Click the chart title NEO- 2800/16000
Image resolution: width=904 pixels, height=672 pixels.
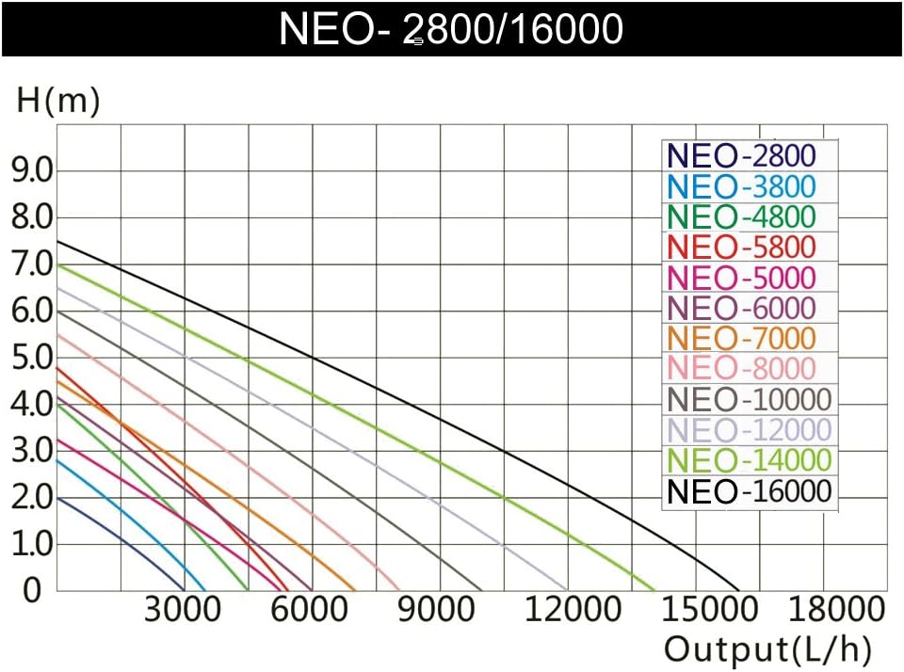point(451,29)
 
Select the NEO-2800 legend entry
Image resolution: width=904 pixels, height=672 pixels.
point(740,155)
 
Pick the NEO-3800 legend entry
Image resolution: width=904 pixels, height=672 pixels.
point(740,186)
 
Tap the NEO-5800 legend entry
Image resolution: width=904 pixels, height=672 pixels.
point(740,248)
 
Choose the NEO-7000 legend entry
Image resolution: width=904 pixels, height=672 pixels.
point(740,338)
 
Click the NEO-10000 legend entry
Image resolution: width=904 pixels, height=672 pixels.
point(750,399)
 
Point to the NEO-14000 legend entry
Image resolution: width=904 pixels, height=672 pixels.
point(750,460)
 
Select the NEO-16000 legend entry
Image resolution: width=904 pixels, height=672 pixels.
point(750,491)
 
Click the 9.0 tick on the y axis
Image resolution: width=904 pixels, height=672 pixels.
point(31,170)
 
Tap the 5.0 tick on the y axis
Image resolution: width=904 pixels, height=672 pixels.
point(31,358)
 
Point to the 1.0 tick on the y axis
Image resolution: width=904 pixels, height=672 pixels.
point(31,545)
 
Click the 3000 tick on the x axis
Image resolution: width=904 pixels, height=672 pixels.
point(183,610)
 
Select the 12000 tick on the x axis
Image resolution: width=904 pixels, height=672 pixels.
point(567,610)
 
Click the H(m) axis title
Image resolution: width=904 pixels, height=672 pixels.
point(58,100)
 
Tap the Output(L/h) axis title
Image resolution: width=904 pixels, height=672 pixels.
point(767,649)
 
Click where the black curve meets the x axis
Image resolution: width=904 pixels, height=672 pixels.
point(740,590)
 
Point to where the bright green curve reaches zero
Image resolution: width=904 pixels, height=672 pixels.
point(655,590)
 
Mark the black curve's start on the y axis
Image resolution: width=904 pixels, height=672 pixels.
point(57,242)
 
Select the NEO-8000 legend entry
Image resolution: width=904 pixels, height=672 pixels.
point(740,369)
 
